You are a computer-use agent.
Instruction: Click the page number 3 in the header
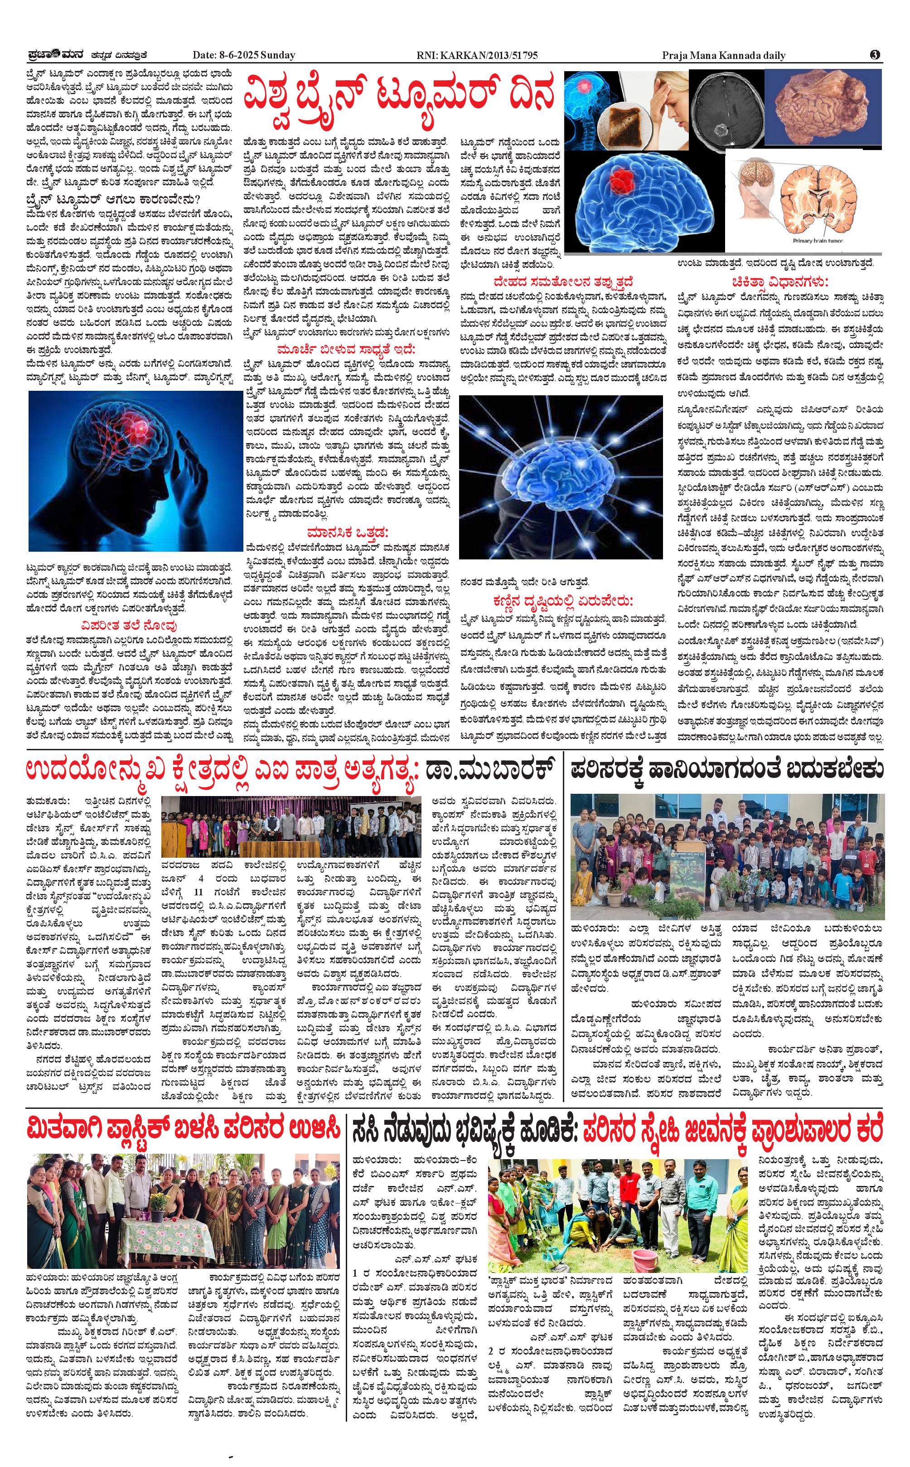tap(875, 55)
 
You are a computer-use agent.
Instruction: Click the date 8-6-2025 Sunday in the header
tap(244, 55)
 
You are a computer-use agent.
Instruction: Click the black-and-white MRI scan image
tap(725, 108)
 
